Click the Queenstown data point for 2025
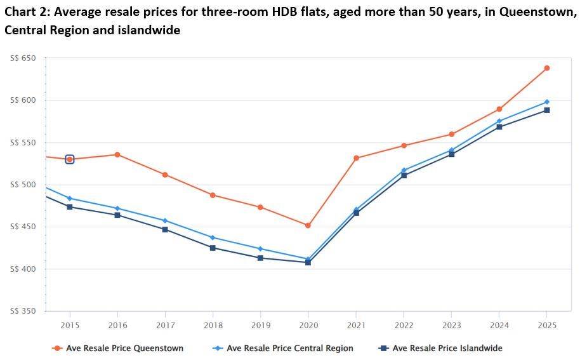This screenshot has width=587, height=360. pos(546,68)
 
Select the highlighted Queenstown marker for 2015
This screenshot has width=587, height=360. pos(70,159)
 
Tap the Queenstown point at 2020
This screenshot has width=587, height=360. pos(308,225)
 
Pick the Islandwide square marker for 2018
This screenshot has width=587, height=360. pos(213,248)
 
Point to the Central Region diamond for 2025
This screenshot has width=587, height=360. pos(546,102)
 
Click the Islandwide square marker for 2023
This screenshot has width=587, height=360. pos(451,154)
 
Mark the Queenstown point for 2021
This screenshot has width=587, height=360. pos(356,158)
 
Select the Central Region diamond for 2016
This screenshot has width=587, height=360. pos(117,208)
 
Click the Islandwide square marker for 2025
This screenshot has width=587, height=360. pos(546,110)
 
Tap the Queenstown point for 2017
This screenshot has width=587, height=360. pos(165,175)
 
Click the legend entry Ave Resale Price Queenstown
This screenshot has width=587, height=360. pos(124,348)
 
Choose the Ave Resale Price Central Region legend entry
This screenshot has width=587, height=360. pos(289,348)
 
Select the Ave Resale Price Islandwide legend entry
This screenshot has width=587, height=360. pos(447,348)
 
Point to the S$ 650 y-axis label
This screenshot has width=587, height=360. pos(23,58)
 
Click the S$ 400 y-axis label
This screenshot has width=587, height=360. pos(23,269)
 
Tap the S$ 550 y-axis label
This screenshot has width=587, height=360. pos(23,143)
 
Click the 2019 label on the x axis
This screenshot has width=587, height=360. pos(260,325)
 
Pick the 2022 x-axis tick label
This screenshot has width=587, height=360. pos(404,325)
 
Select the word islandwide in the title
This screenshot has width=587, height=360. pos(148,30)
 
